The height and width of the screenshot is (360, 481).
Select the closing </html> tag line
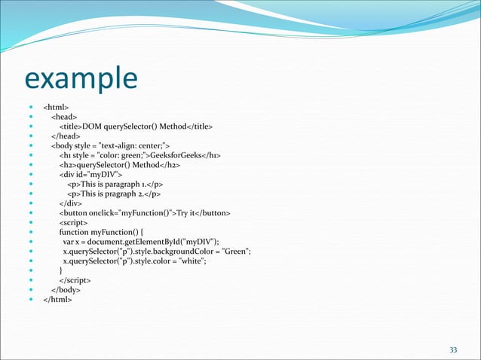(58, 299)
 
